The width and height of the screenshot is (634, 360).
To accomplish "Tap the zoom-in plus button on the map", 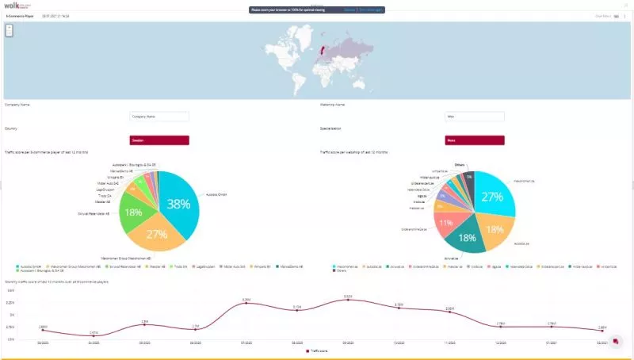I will pyautogui.click(x=9, y=27).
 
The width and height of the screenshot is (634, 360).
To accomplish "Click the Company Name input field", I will pyautogui.click(x=159, y=117).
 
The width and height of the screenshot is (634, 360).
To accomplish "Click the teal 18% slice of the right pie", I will pyautogui.click(x=468, y=236).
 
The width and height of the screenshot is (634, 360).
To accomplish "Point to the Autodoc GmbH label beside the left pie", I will pyautogui.click(x=216, y=194).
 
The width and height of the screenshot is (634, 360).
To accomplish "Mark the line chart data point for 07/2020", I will pyautogui.click(x=246, y=303).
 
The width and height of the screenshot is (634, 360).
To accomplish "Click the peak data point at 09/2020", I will pyautogui.click(x=348, y=300).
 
